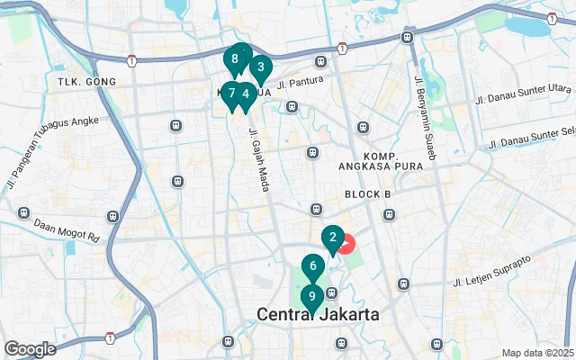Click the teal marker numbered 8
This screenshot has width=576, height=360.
(x=234, y=60)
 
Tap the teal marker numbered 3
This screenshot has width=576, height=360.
(x=260, y=67)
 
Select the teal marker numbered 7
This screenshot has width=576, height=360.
(x=231, y=93)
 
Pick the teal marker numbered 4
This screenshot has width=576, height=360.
(x=245, y=94)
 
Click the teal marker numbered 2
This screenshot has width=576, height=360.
(x=333, y=238)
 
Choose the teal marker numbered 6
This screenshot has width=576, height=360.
(x=312, y=266)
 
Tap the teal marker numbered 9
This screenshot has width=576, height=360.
(x=311, y=297)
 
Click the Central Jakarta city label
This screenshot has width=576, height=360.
(x=318, y=315)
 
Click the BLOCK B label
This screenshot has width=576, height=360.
(x=367, y=194)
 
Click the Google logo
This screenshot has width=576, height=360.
(x=30, y=348)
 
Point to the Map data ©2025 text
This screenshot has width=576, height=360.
(x=537, y=353)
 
